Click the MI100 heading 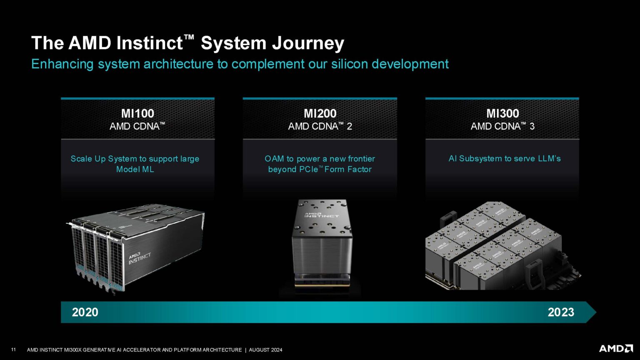click(137, 113)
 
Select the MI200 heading click(320, 113)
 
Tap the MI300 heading click(502, 113)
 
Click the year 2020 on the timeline click(85, 312)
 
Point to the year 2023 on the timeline click(561, 312)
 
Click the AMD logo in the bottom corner click(616, 349)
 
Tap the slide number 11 click(13, 350)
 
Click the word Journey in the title click(308, 43)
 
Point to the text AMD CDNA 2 click(320, 126)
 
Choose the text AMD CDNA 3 click(502, 126)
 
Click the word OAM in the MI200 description click(274, 159)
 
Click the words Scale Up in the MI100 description click(88, 159)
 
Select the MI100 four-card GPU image click(135, 248)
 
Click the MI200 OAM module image click(321, 244)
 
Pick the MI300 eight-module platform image click(502, 246)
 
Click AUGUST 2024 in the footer click(265, 350)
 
